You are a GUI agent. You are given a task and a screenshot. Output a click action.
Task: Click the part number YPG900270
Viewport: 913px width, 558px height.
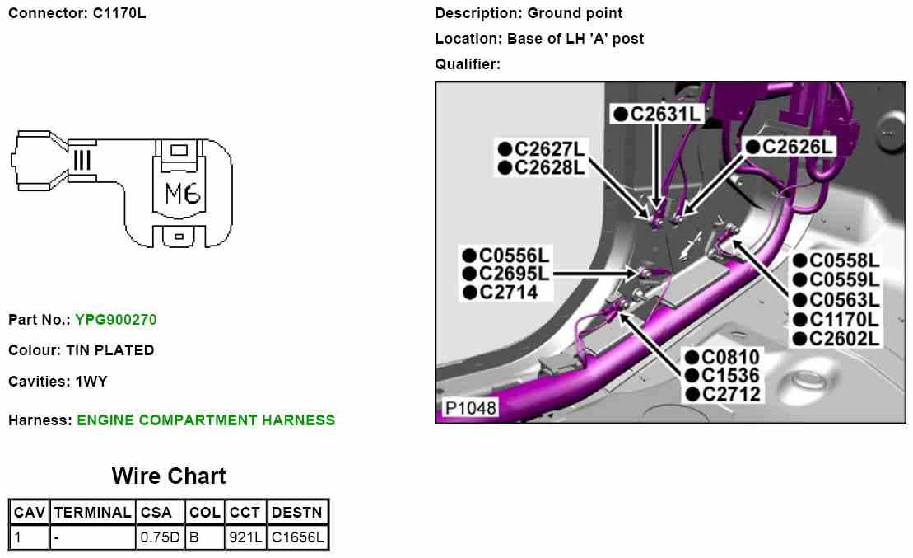(115, 319)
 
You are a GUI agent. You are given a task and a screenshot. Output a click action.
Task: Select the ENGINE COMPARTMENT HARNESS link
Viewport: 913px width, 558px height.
(206, 420)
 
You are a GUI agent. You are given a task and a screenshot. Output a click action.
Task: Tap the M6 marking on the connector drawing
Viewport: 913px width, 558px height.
(183, 195)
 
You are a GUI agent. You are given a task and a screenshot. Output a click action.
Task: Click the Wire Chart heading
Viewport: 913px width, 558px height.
(169, 476)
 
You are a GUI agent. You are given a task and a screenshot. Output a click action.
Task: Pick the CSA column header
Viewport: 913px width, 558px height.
(156, 512)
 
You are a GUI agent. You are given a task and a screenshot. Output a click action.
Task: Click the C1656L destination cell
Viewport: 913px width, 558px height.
(298, 538)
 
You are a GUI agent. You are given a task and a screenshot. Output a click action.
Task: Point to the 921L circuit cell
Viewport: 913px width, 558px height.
(245, 538)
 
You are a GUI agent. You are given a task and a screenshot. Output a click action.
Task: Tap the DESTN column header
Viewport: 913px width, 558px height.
(298, 512)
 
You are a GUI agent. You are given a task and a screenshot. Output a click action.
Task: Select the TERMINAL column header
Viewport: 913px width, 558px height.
(92, 512)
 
